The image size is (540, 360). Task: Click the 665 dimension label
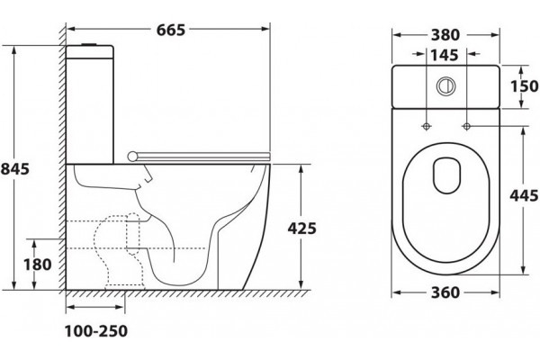[x=171, y=30]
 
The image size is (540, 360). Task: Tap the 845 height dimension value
[x=14, y=169]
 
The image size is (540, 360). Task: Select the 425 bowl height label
[x=301, y=229]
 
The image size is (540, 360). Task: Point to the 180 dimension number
[x=38, y=265]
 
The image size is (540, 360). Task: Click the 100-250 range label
[x=96, y=331]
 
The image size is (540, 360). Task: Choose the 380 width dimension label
[x=445, y=35]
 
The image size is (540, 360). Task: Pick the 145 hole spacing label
[x=445, y=55]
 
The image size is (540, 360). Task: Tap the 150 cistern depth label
[x=524, y=86]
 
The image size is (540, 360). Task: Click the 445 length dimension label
[x=524, y=195]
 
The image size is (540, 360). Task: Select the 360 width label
[x=445, y=292]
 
